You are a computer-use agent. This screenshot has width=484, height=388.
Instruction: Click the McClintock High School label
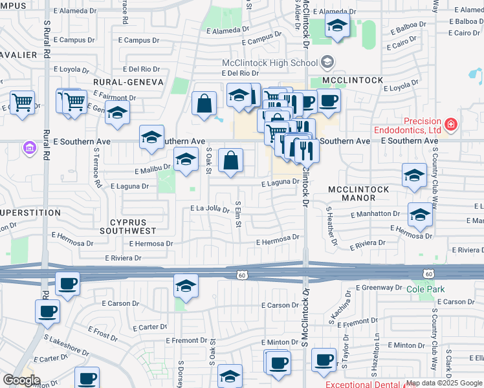point(269,63)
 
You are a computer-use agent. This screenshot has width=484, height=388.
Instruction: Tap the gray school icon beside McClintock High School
point(327,62)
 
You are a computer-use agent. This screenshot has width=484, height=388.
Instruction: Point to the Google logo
point(21,380)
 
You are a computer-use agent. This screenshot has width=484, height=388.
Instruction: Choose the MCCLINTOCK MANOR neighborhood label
point(358,195)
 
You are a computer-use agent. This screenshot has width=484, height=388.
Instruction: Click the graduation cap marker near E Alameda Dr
point(337,26)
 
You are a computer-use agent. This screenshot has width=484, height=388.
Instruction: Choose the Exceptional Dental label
point(363,384)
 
